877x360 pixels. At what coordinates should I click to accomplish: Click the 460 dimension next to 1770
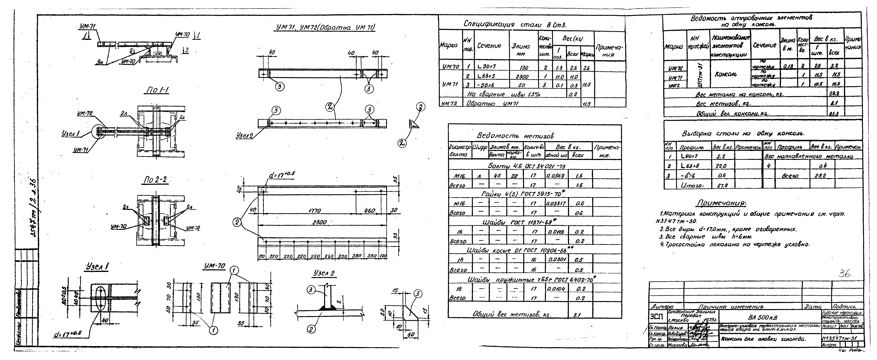(x=369, y=211)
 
